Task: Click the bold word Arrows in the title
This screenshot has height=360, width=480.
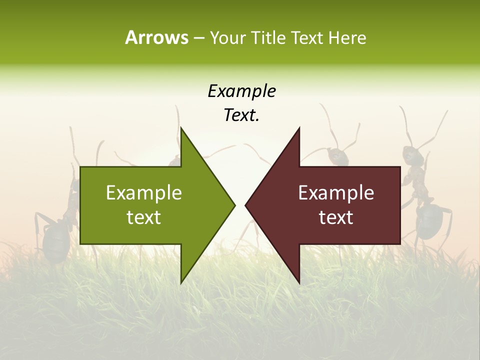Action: (x=156, y=37)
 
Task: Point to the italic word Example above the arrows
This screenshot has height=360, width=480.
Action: (x=241, y=91)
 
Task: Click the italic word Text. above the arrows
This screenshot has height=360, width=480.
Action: (x=241, y=115)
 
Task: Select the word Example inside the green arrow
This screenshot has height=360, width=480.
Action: (x=144, y=193)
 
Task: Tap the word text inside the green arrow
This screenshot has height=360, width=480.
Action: (x=144, y=217)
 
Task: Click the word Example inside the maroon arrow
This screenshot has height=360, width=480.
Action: (x=336, y=193)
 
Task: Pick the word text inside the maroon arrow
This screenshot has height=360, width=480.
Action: (x=336, y=217)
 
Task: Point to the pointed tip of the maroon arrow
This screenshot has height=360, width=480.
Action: (x=246, y=205)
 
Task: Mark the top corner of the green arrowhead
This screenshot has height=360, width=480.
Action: (x=181, y=128)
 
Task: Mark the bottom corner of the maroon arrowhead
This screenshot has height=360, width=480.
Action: (x=299, y=283)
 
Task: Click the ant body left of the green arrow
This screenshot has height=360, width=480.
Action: (x=56, y=240)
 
